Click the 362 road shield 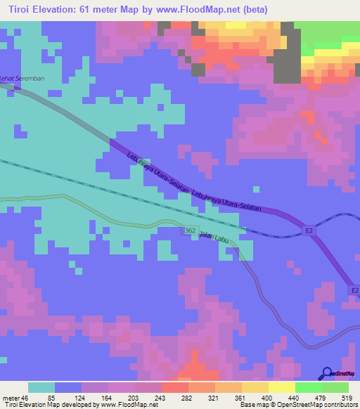[x=191, y=231]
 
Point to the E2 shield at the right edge [x=354, y=289]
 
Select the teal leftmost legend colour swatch [x=41, y=387]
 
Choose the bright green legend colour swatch [x=309, y=387]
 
